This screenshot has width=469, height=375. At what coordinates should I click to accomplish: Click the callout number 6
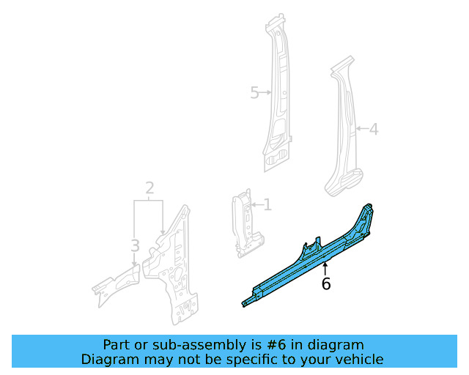tap(326, 284)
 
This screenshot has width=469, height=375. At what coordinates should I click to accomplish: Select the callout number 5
tap(254, 93)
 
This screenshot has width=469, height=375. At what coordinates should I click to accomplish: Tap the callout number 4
tap(373, 130)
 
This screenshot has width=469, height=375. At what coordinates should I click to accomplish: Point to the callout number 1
tap(267, 204)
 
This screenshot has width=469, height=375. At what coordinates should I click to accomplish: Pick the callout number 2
tap(149, 189)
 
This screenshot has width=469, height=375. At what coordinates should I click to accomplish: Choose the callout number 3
tap(135, 245)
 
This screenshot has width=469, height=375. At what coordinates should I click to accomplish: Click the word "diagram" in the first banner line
tap(338, 345)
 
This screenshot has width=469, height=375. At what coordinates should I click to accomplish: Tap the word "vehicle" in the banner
tap(359, 359)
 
